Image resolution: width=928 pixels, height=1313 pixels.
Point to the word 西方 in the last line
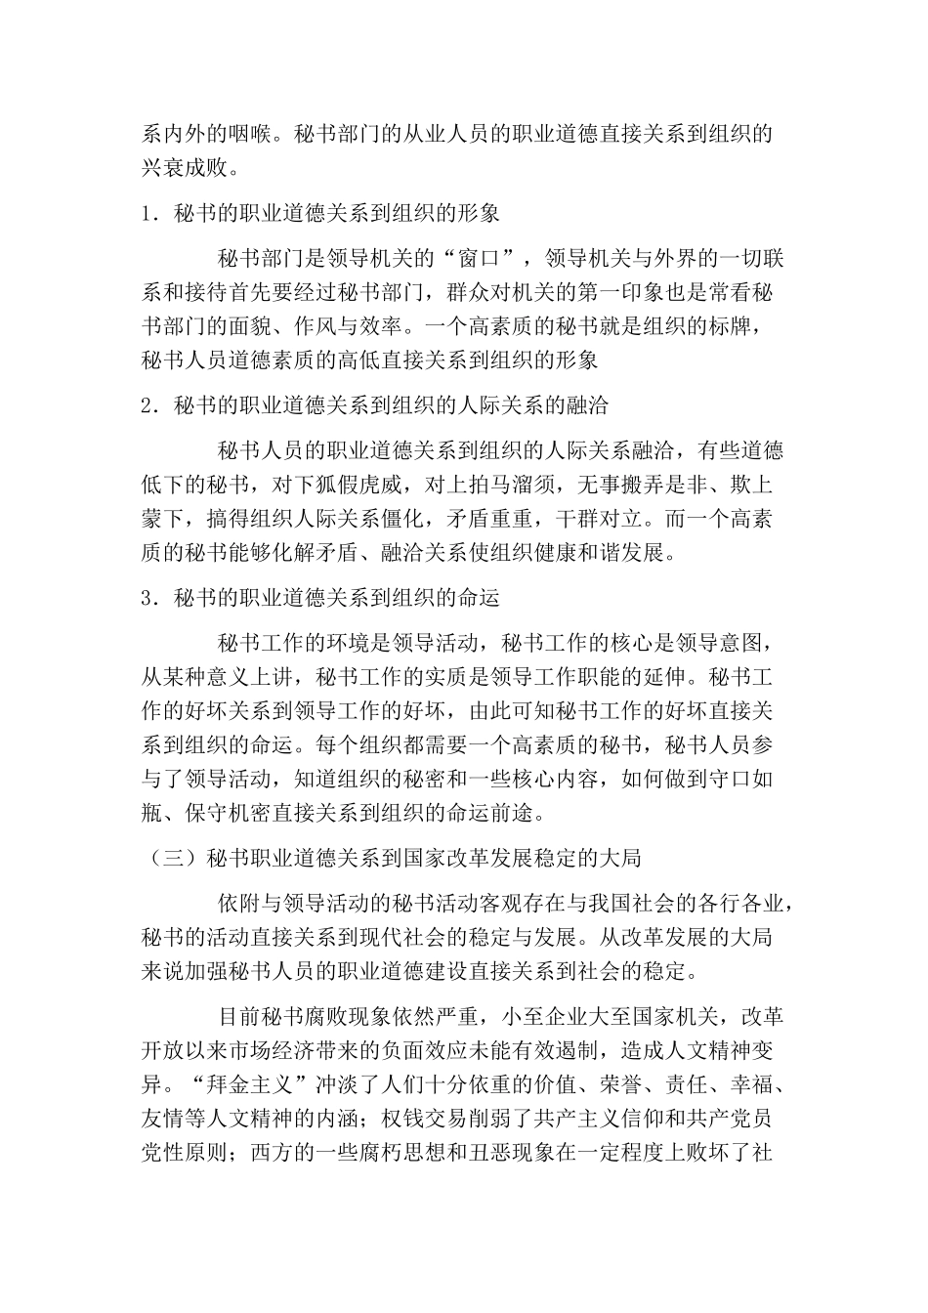pos(273,1152)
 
